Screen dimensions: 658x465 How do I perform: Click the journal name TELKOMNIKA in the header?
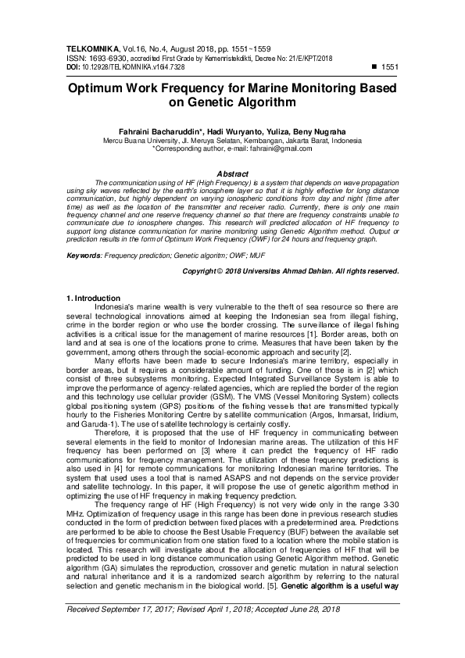tap(92, 49)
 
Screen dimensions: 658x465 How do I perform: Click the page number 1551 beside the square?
tap(389, 68)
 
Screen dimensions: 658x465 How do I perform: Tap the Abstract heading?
tap(232, 173)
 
